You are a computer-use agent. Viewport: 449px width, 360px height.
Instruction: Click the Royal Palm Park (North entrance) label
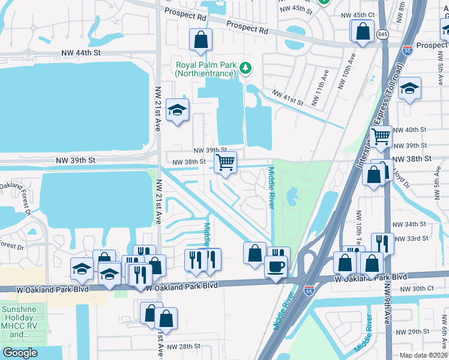tap(205, 69)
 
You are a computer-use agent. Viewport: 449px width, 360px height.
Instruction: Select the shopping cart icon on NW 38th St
tap(225, 162)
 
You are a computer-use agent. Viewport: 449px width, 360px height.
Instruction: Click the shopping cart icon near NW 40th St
tap(381, 137)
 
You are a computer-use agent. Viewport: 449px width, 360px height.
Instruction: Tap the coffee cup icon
tap(276, 265)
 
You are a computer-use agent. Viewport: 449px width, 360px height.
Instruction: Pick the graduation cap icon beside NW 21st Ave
tap(178, 110)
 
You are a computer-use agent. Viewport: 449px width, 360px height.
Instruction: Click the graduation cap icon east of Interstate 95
tap(409, 89)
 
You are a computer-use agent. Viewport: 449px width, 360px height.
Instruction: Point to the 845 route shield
tap(382, 34)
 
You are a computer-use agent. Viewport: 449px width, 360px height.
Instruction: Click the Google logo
tap(20, 352)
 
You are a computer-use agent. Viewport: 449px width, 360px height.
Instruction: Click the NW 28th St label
tap(183, 346)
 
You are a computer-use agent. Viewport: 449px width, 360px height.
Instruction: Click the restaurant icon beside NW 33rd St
tap(382, 243)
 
